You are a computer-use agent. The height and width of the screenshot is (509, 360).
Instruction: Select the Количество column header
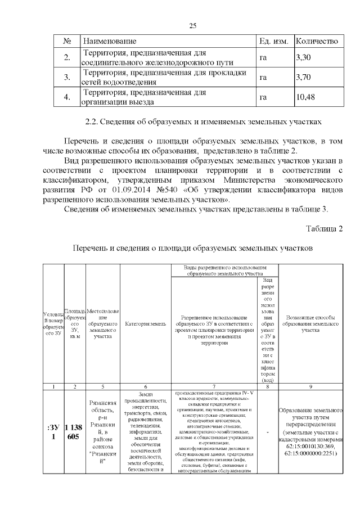coord(317,42)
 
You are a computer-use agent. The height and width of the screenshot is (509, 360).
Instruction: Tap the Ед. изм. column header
coord(273,42)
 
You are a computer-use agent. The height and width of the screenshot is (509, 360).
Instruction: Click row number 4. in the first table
coord(67,97)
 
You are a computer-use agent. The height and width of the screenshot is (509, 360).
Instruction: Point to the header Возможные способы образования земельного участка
coord(310,324)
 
